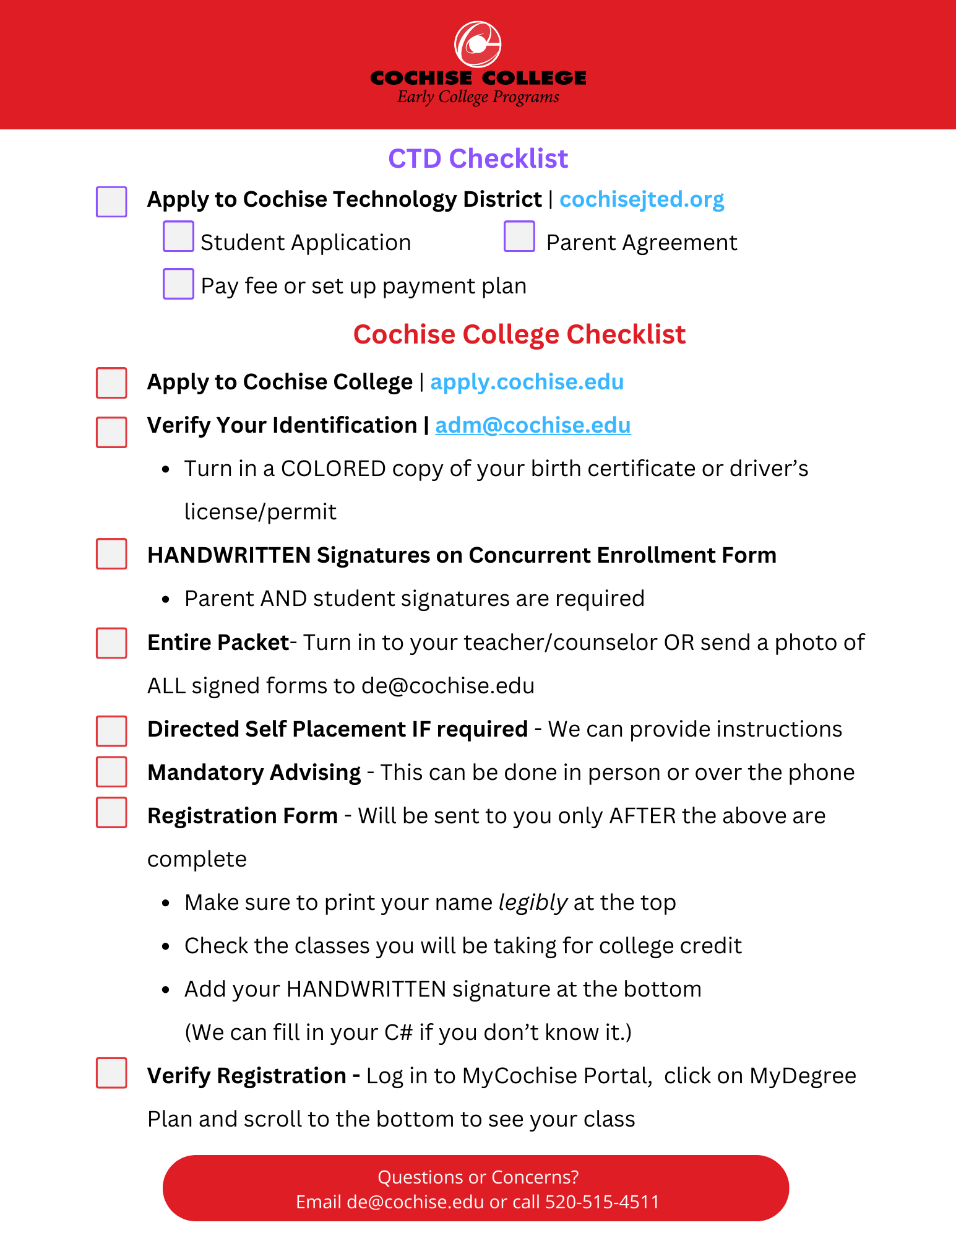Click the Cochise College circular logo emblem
[x=478, y=45]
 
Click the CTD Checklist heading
[x=478, y=158]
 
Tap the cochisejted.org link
[x=642, y=199]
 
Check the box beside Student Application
[x=178, y=236]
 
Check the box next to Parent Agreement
[x=519, y=236]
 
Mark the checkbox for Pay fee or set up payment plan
[x=178, y=284]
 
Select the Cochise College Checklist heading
[x=519, y=334]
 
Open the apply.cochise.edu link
[x=527, y=382]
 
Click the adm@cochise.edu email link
[x=533, y=425]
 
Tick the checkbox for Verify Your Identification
[x=111, y=431]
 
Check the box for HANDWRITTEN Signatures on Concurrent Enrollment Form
[x=111, y=553]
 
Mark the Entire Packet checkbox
[x=111, y=643]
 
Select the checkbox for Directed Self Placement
[x=111, y=731]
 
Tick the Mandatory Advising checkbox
[x=111, y=772]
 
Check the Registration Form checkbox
[x=111, y=812]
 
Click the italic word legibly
[x=533, y=903]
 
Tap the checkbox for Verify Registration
[x=111, y=1073]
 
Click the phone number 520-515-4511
[x=602, y=1201]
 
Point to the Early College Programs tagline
[x=478, y=97]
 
